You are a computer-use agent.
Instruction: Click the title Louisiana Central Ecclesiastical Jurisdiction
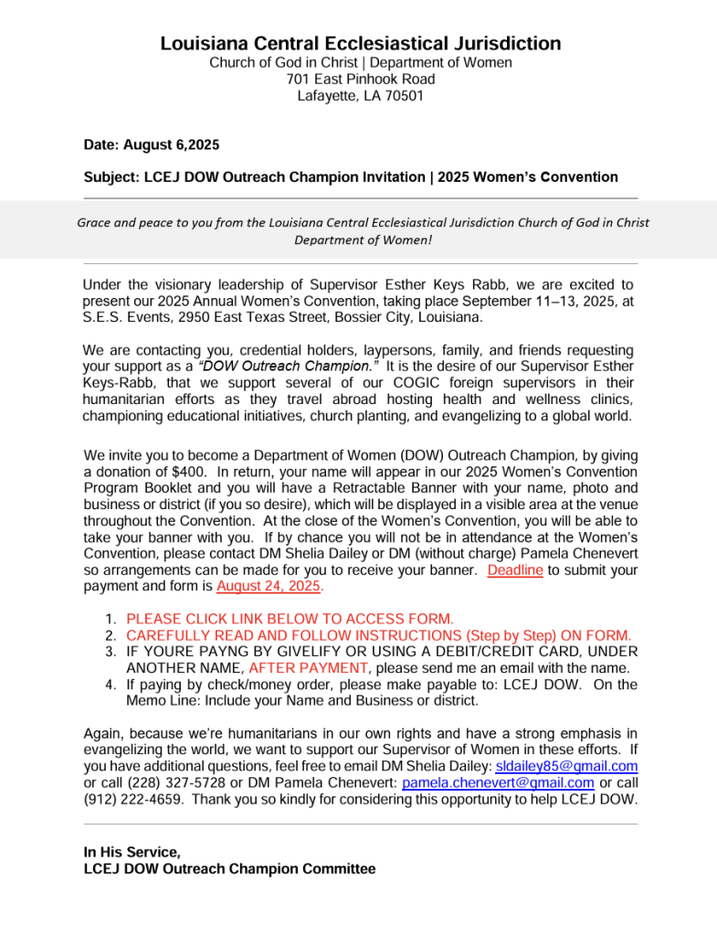click(x=361, y=43)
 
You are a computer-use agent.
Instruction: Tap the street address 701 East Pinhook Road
click(x=361, y=80)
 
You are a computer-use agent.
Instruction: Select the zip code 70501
click(x=404, y=96)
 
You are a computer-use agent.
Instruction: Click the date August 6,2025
click(x=171, y=144)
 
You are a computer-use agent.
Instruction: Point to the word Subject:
click(x=111, y=177)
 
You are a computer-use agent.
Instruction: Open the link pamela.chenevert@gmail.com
click(x=498, y=783)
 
